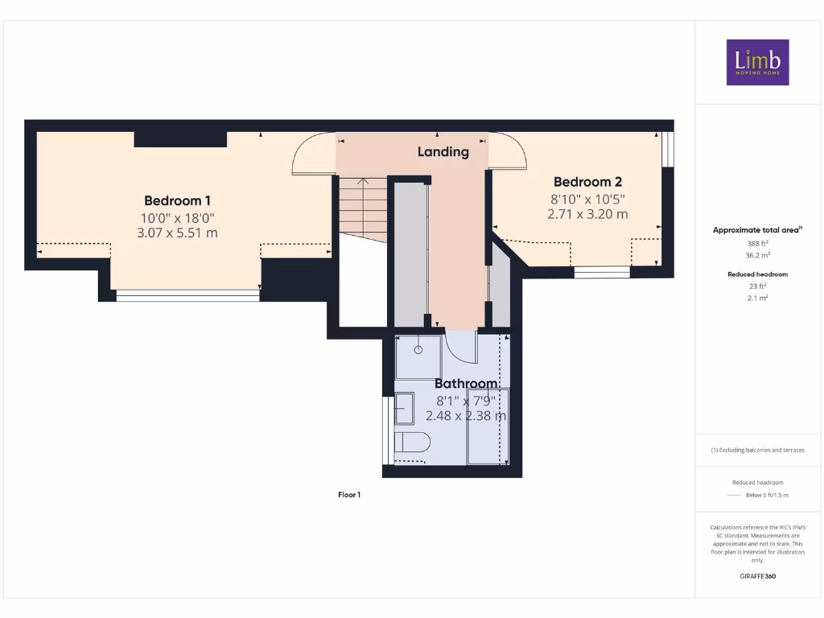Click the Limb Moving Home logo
pyautogui.click(x=757, y=62)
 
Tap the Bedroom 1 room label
pyautogui.click(x=177, y=200)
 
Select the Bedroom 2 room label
pyautogui.click(x=587, y=182)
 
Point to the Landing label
pyautogui.click(x=443, y=151)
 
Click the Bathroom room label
pyautogui.click(x=466, y=384)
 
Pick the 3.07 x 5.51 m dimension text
pyautogui.click(x=177, y=233)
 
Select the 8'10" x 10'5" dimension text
pyautogui.click(x=587, y=199)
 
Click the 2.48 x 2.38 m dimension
pyautogui.click(x=471, y=416)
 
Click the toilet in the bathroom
pyautogui.click(x=414, y=442)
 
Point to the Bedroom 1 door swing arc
pyautogui.click(x=312, y=153)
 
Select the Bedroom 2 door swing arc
pyautogui.click(x=509, y=150)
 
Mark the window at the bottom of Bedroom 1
pyautogui.click(x=187, y=295)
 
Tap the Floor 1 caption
pyautogui.click(x=349, y=495)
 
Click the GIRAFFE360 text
pyautogui.click(x=757, y=576)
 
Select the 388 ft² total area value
pyautogui.click(x=757, y=243)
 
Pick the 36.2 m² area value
pyautogui.click(x=757, y=255)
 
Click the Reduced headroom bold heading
pyautogui.click(x=757, y=274)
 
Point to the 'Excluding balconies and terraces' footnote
pyautogui.click(x=757, y=450)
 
